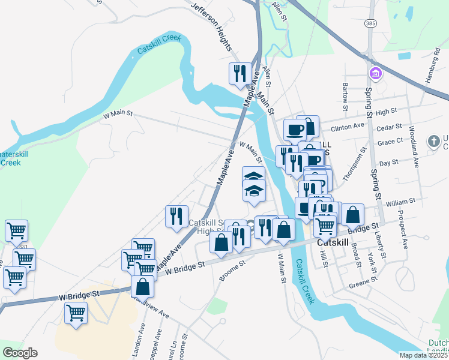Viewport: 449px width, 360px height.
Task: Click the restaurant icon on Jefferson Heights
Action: point(240,73)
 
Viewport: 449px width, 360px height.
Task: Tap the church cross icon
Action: point(433,142)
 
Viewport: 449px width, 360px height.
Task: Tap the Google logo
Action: point(20,353)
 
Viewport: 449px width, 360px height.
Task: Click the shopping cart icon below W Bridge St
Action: point(76,312)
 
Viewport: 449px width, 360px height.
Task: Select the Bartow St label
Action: point(345,97)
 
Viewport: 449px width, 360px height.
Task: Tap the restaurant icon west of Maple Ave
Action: point(177,216)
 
